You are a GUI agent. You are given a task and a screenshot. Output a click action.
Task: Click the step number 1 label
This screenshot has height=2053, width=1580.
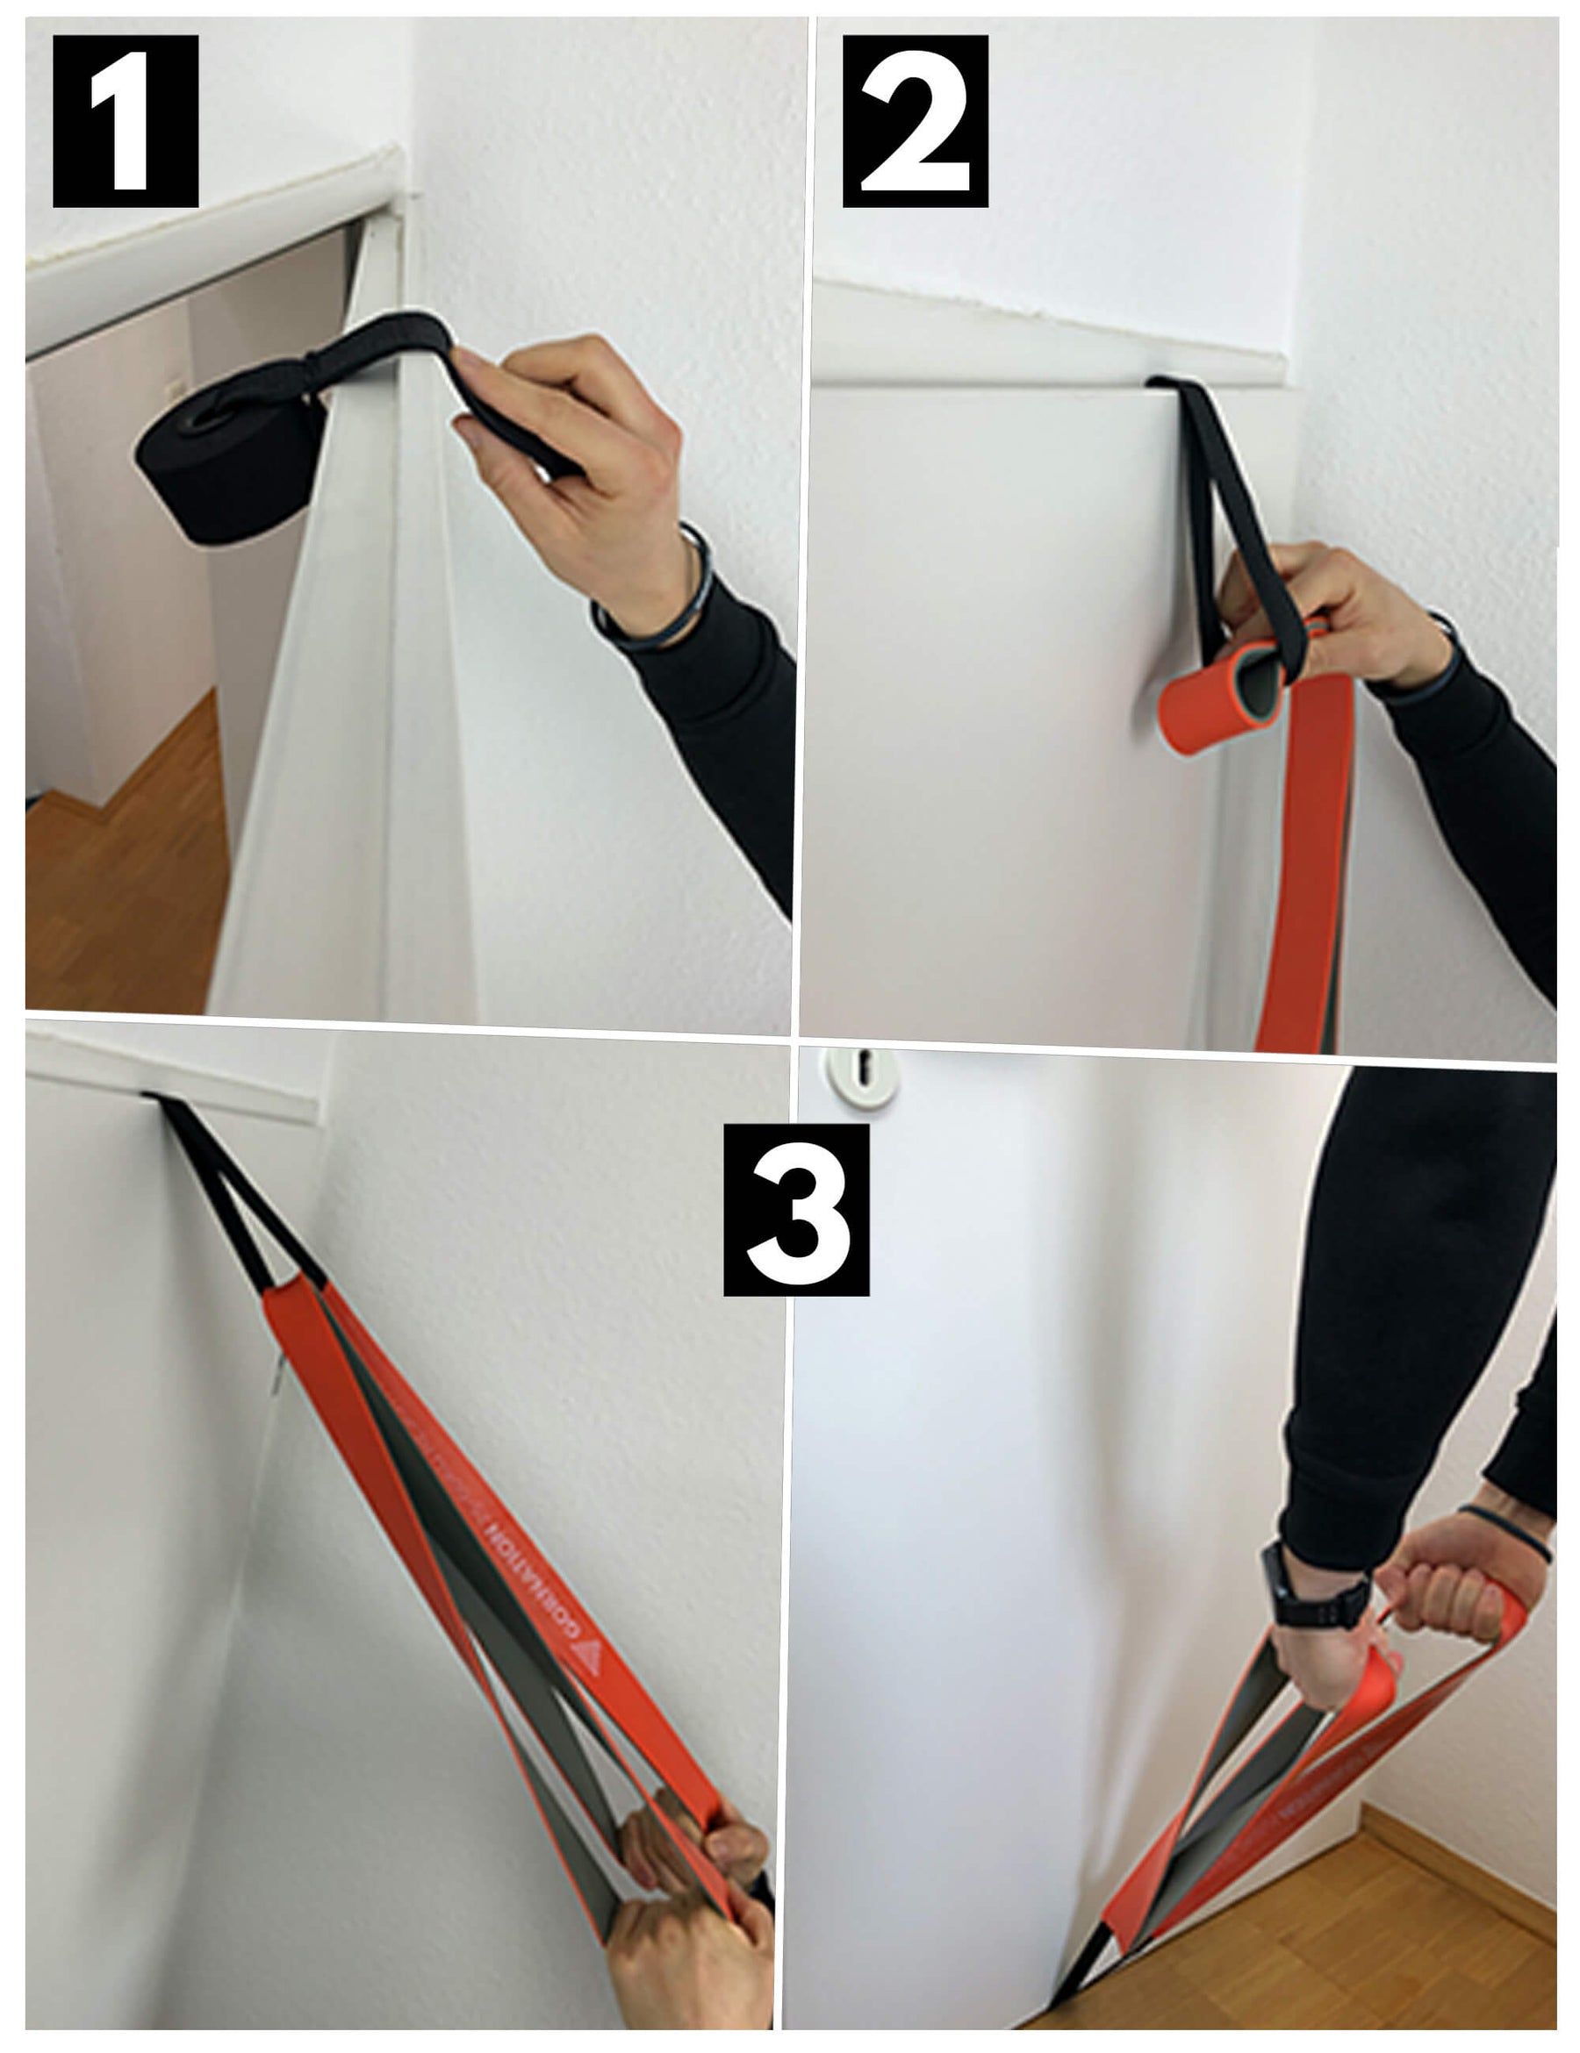coord(125,120)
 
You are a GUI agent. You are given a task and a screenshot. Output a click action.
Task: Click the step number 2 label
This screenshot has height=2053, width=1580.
coord(914,120)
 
